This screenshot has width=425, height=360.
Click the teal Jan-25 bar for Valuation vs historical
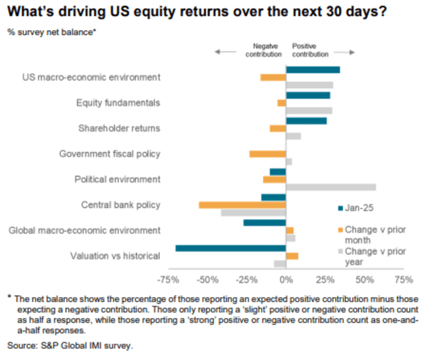[x=230, y=248]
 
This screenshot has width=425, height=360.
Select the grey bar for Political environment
[x=331, y=187]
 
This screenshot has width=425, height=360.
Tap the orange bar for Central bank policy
[x=242, y=205]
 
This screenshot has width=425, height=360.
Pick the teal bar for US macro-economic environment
[x=313, y=70]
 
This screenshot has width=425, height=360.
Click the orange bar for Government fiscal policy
[x=268, y=154]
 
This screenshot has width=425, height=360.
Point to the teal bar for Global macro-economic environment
[x=265, y=223]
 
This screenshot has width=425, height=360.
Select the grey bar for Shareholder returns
[x=293, y=136]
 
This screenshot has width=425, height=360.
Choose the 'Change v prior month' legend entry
[x=371, y=235]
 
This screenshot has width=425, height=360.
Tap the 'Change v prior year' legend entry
[x=371, y=257]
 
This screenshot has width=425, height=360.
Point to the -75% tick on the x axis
[x=168, y=280]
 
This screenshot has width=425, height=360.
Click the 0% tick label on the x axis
[x=286, y=280]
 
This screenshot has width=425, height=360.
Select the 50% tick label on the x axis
[x=364, y=280]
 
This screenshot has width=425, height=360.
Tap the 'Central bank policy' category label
[x=120, y=205]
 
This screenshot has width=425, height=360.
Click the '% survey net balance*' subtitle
[x=52, y=32]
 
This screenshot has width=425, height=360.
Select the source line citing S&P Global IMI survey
[x=70, y=345]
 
